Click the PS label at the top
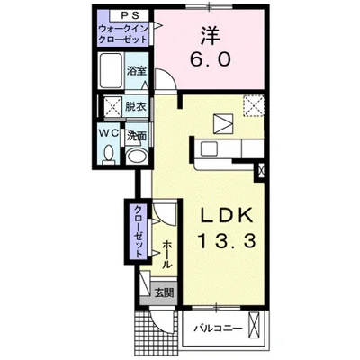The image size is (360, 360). point(129,15)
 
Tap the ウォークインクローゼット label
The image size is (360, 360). point(123,34)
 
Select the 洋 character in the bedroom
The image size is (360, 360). point(211,35)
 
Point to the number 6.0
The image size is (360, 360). point(211,59)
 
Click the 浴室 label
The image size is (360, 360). point(136,71)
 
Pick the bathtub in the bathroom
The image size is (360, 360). point(111,70)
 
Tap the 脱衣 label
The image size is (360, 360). point(136,106)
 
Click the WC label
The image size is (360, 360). point(109,134)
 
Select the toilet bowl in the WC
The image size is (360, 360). point(109,154)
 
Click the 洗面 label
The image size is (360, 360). point(137,137)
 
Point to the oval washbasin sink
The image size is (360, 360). point(136,157)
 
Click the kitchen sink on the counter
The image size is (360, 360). point(209,148)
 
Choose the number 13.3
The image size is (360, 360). point(227,241)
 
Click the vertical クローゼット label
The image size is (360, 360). point(139,232)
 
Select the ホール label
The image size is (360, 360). point(167,255)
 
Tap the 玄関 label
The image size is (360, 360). point(164,292)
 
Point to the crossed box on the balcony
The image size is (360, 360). point(254,326)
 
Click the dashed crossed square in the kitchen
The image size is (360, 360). point(254,105)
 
